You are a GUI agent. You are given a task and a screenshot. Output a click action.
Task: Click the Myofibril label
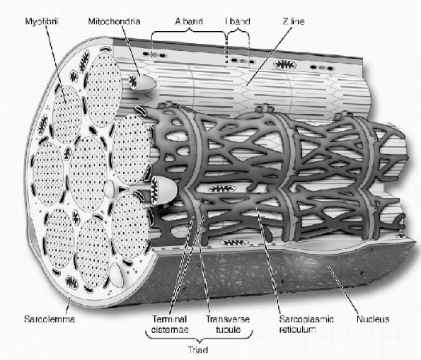click(42, 21)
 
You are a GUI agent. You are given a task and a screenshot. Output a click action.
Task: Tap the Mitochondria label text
click(114, 21)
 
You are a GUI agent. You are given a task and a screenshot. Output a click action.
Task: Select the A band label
click(189, 21)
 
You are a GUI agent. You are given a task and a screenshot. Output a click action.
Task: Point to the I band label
click(238, 21)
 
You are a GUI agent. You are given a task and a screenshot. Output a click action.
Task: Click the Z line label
click(294, 21)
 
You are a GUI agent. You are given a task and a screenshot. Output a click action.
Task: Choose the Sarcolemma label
click(50, 319)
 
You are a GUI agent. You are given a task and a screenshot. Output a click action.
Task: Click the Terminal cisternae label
click(170, 325)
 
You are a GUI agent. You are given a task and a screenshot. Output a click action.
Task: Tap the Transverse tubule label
click(228, 325)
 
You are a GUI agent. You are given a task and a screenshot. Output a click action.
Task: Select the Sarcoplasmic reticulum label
click(306, 325)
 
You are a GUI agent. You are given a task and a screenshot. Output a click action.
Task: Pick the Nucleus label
click(373, 319)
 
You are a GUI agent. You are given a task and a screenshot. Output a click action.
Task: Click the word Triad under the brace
click(198, 350)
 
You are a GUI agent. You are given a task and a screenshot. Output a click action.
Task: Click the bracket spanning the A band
click(189, 32)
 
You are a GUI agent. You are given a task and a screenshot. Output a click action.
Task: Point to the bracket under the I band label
click(238, 33)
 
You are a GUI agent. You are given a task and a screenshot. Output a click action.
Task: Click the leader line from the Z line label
click(269, 57)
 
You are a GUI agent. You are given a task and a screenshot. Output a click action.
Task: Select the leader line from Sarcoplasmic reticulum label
click(269, 260)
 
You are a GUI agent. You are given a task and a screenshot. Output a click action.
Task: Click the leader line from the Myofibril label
click(56, 64)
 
